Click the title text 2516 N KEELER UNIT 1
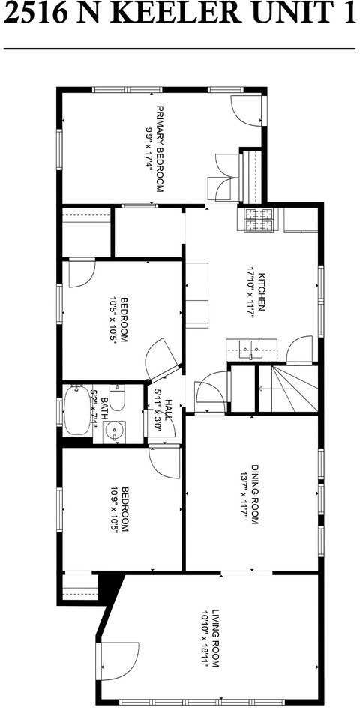tap(179, 15)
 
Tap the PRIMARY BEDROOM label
tap(159, 148)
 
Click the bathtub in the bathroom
tap(76, 410)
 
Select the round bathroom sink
tap(114, 431)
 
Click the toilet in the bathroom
tap(117, 397)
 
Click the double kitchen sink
tap(252, 348)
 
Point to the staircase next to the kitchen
tap(288, 388)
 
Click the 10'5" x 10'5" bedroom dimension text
tap(114, 319)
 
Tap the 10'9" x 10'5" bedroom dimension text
tap(114, 510)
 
